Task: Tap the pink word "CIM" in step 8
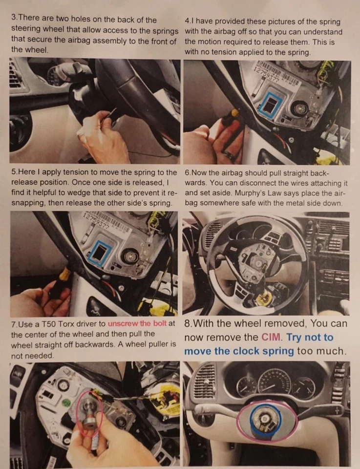(x=272, y=337)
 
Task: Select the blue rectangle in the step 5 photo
(x=100, y=253)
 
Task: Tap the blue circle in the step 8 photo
(x=266, y=419)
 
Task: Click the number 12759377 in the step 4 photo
(x=267, y=76)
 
